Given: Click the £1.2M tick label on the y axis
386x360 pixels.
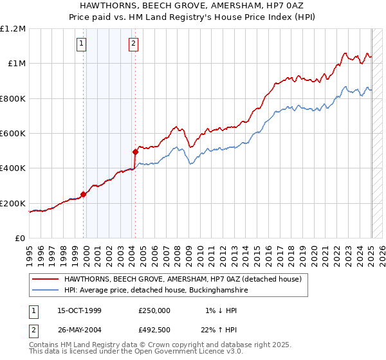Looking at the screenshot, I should [x=13, y=29].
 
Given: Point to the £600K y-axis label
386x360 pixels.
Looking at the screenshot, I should [x=13, y=134].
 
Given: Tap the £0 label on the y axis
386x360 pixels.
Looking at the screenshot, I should [x=20, y=239].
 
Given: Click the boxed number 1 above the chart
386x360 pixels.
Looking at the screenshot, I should [x=82, y=44].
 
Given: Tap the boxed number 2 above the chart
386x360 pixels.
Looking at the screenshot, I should [x=133, y=44].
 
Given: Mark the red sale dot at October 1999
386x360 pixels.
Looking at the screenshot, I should [x=83, y=194].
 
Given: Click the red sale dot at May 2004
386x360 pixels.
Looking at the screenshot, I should [x=136, y=152].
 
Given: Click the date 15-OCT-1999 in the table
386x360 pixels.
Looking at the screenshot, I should [x=79, y=310].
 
